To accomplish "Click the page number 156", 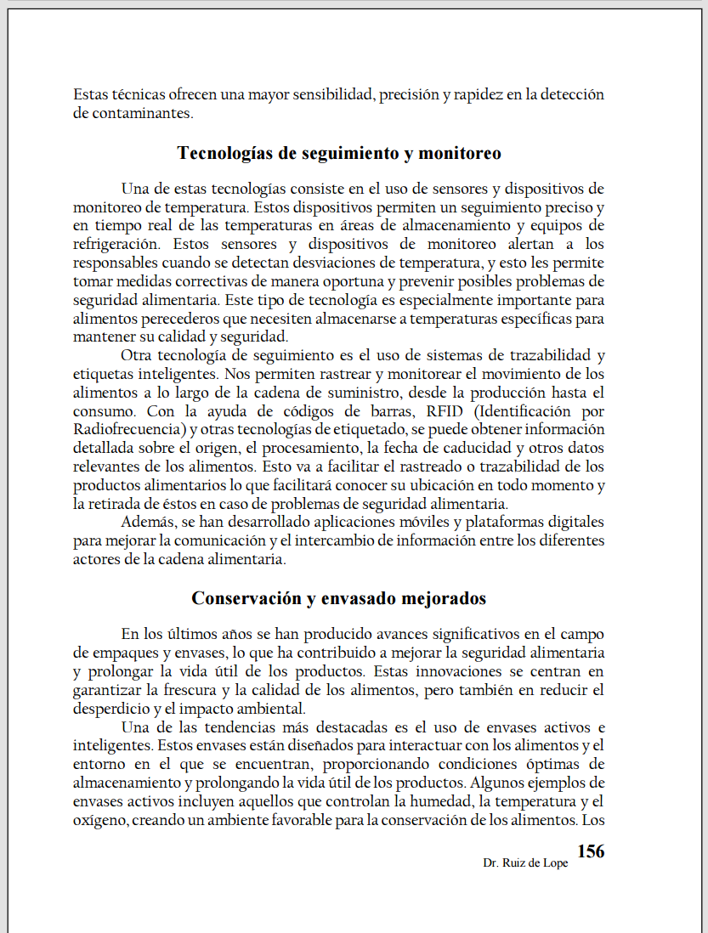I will [591, 851].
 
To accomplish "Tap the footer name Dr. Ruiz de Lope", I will [525, 862].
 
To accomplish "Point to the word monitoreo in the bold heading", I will [460, 153].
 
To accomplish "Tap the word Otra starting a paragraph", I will [137, 355].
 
